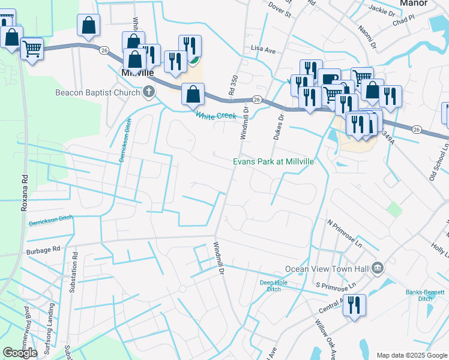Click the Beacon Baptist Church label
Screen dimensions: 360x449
click(x=97, y=92)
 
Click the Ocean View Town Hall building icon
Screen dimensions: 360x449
click(x=378, y=267)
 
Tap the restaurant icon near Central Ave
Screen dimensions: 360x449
click(x=354, y=305)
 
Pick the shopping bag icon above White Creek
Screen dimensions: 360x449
click(x=192, y=94)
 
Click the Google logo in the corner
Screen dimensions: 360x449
click(x=20, y=353)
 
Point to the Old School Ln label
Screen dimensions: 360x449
click(x=438, y=163)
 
